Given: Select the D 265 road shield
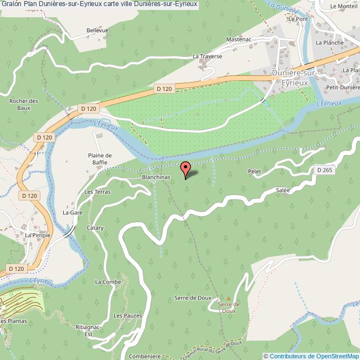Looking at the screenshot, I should (325, 170).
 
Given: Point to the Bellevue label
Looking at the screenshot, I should (97, 30).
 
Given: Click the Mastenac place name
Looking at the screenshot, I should (239, 39).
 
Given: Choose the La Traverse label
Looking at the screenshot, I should (207, 56).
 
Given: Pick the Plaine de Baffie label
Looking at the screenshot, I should (100, 159).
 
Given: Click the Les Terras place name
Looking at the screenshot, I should (97, 192).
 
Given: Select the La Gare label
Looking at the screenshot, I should (73, 212).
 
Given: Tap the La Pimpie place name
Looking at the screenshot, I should (38, 235).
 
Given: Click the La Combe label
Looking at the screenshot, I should (107, 282).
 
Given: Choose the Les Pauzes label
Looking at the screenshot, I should (127, 316).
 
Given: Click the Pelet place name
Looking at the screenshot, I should (254, 172).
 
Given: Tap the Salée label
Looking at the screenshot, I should (283, 190).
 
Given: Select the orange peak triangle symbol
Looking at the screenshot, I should (228, 298).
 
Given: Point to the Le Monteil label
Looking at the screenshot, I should (343, 6).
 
